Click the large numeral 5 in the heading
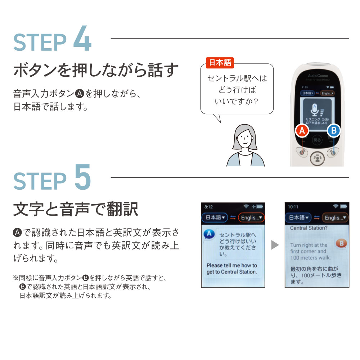pyautogui.click(x=82, y=178)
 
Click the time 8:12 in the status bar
pyautogui.click(x=208, y=207)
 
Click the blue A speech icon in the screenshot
pyautogui.click(x=209, y=234)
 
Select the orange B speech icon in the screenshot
pyautogui.click(x=341, y=244)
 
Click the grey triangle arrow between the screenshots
pyautogui.click(x=275, y=245)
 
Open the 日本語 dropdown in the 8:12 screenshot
pyautogui.click(x=215, y=217)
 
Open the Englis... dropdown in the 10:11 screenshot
pyautogui.click(x=334, y=217)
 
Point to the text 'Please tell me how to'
pyautogui.click(x=231, y=265)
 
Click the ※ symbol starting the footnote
pyautogui.click(x=15, y=278)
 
